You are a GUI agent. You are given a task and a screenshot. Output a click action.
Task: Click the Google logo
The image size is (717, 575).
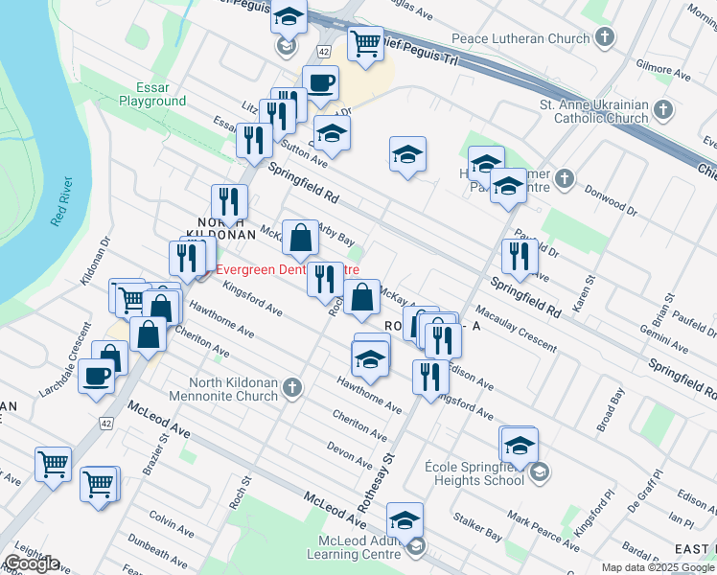pos(32,563)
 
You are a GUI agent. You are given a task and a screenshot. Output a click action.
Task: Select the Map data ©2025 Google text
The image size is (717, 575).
pos(658,567)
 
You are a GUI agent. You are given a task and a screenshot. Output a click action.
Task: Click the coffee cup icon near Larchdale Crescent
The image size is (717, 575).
pos(97,376)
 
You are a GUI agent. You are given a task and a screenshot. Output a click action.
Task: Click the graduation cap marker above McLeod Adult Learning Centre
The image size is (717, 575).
pos(405,520)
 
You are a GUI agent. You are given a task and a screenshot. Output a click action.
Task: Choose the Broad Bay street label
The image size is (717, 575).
pos(610,407)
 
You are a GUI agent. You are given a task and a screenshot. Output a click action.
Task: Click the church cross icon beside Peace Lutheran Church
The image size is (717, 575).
pos(604,39)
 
